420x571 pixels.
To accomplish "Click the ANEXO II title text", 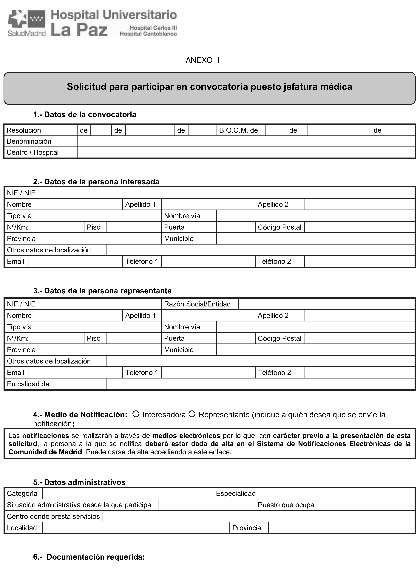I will coord(202,60).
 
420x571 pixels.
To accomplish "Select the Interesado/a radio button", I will coord(136,414).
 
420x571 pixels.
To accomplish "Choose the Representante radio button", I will coord(192,414).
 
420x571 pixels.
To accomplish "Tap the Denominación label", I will coord(29,141).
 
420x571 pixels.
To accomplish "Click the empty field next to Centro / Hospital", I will coord(246,152).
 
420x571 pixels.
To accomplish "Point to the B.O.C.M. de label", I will coord(238,130).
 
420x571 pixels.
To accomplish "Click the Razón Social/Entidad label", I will coord(197,304).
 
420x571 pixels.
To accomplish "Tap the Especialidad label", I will coord(236,493).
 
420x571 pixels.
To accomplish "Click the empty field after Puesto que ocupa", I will coord(366,505).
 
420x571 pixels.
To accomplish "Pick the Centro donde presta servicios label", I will coord(53,516).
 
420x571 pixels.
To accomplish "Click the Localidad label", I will coord(22,528).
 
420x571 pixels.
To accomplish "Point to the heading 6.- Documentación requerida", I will coord(89,557).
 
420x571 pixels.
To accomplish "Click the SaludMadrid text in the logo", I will coord(27,33).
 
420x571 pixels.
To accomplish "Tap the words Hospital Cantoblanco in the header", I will coord(148,34).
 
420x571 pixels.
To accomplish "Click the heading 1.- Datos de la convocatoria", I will coord(85,114).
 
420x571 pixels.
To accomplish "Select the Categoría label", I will coord(22,493).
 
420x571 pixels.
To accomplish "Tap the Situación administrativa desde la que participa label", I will coord(79,505).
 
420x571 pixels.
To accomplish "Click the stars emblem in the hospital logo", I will coord(37,19).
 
